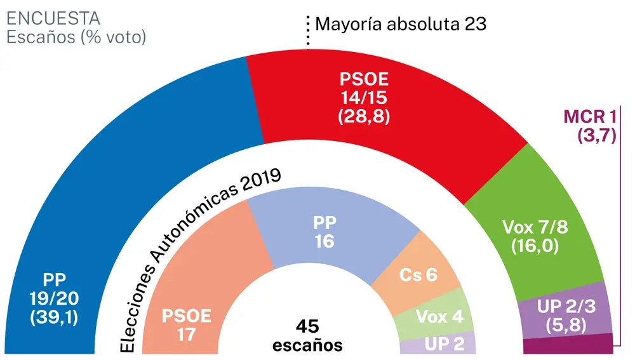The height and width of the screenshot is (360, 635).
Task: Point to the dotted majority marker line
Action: point(308,31)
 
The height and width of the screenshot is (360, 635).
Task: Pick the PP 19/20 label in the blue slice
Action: point(54,298)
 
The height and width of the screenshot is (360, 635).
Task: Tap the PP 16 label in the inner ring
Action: point(324,232)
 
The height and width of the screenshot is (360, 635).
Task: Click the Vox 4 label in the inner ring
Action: point(438,316)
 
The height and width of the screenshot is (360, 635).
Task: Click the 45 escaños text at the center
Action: point(308,335)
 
